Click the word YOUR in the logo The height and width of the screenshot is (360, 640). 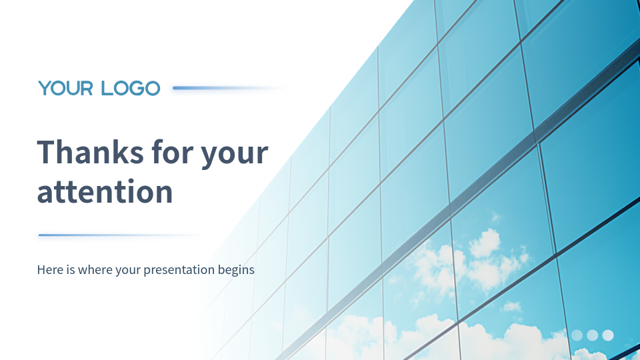tap(66, 88)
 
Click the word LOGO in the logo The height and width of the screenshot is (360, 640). tap(131, 88)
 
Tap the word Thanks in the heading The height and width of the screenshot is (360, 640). tap(90, 152)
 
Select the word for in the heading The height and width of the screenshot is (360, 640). tap(172, 152)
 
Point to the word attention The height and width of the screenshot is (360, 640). tap(105, 191)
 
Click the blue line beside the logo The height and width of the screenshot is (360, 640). tap(228, 88)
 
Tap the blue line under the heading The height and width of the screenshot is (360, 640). tap(121, 235)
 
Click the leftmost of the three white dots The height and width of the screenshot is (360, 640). tap(577, 335)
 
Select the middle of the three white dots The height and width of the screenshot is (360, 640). tap(592, 335)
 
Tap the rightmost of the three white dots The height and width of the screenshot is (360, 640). tap(608, 335)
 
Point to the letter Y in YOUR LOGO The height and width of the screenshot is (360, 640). tap(45, 88)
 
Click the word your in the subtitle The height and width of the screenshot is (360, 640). tap(127, 271)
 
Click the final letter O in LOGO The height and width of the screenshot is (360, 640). tap(152, 89)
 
